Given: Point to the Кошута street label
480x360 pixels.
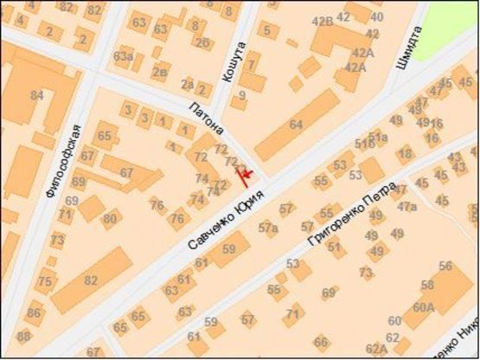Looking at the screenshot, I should (x=228, y=62).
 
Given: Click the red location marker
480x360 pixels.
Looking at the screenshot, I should (x=246, y=177).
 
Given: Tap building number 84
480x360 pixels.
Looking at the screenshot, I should (x=36, y=94).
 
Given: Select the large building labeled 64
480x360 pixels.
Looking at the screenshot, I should (x=296, y=125).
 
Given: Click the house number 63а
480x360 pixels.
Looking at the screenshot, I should (x=123, y=57).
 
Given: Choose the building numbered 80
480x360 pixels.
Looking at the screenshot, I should (x=110, y=219).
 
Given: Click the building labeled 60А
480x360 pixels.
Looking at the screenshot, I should (x=424, y=306).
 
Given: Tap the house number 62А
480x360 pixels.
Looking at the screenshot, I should (x=376, y=349).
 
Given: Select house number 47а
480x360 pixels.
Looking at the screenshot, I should (x=406, y=206).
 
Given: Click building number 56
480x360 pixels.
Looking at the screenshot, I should (x=445, y=267).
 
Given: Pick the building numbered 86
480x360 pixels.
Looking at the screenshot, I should (x=34, y=312).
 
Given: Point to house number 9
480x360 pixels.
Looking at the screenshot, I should (x=242, y=95).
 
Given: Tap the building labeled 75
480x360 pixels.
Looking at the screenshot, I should (x=44, y=281).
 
